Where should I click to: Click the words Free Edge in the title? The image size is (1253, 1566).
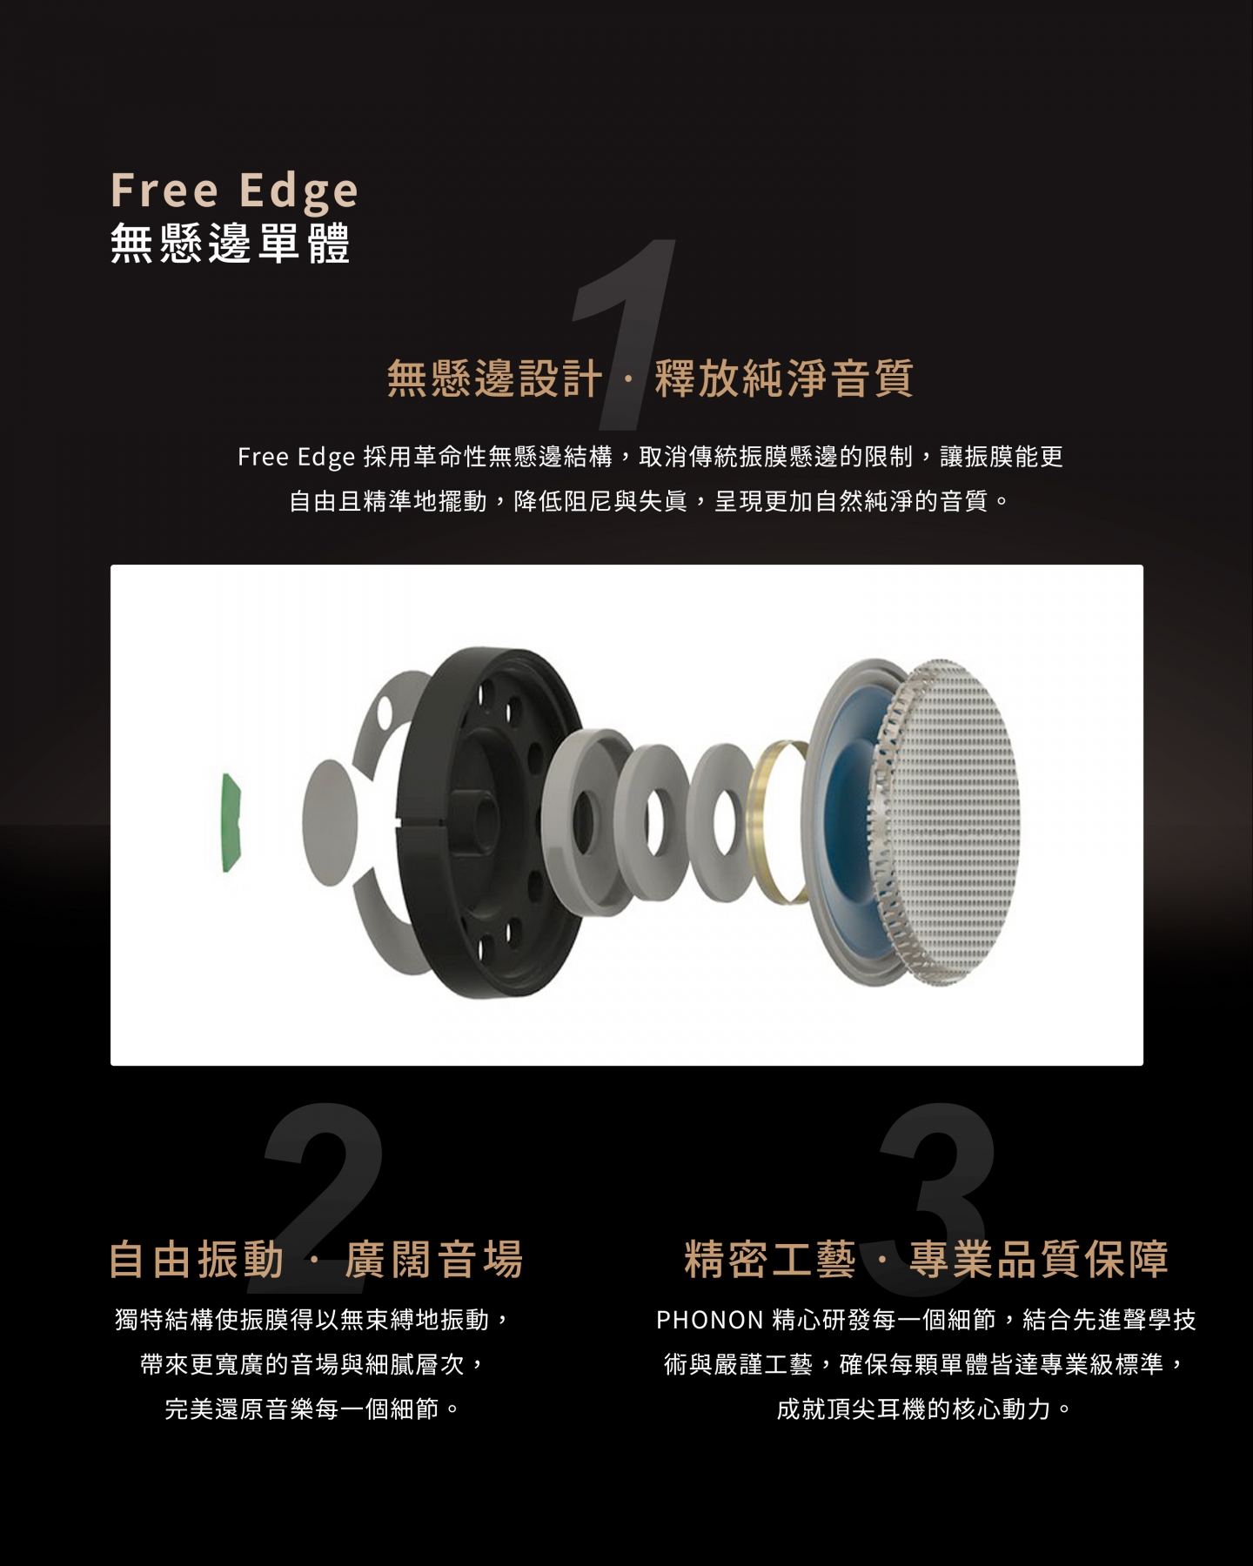click(x=234, y=191)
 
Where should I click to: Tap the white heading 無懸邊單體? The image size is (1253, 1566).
click(x=231, y=243)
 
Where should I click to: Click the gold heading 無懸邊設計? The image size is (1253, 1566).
click(x=494, y=378)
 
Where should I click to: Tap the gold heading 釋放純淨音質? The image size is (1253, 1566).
click(x=784, y=378)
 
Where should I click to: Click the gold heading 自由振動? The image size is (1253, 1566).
click(x=197, y=1259)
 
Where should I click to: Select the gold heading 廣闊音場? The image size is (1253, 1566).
click(x=434, y=1259)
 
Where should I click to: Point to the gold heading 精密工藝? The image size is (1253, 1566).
click(x=770, y=1259)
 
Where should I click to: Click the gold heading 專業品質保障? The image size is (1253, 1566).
click(x=1039, y=1259)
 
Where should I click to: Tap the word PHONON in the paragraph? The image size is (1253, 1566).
click(x=710, y=1320)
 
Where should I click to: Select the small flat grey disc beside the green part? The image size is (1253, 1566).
click(x=330, y=822)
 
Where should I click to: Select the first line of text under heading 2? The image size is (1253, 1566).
click(x=312, y=1320)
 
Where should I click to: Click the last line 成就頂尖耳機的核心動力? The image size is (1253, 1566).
click(x=925, y=1409)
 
